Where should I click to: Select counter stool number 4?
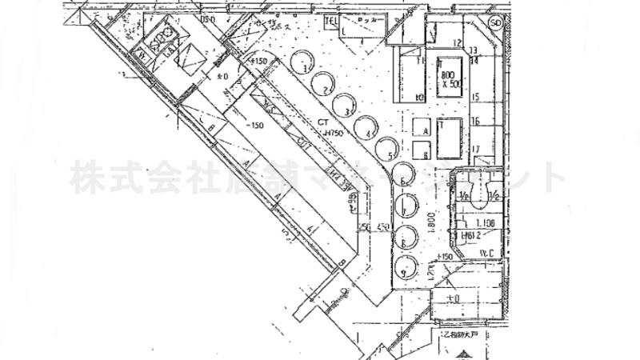click(366, 126)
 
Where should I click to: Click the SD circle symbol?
click(496, 23)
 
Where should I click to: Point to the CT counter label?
click(323, 122)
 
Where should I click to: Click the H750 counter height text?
click(332, 133)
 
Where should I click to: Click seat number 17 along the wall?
click(475, 150)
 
